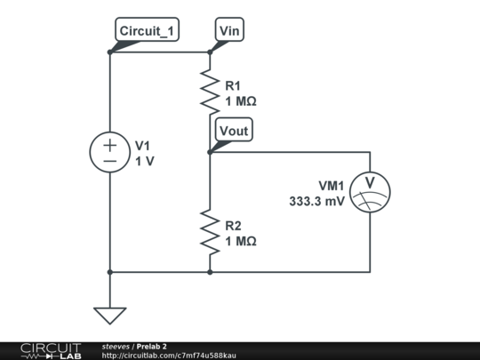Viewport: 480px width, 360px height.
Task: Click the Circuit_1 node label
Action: point(147,31)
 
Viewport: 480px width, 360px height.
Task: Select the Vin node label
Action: point(229,31)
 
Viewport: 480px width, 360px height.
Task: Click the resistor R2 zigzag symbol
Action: point(210,231)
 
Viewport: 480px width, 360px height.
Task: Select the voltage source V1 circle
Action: point(109,153)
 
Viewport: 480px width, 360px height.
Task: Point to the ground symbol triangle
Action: point(109,315)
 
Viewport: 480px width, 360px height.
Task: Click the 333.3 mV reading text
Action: point(316,201)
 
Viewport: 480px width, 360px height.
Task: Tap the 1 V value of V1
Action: point(144,162)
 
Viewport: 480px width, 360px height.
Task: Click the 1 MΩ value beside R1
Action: point(240,101)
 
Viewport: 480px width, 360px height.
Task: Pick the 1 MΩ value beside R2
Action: point(240,241)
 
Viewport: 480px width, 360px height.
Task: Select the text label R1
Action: point(232,86)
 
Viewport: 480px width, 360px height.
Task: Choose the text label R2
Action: point(232,226)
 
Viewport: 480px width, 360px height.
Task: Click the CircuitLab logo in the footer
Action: point(50,350)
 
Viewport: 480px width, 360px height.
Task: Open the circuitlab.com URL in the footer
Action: point(169,356)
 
